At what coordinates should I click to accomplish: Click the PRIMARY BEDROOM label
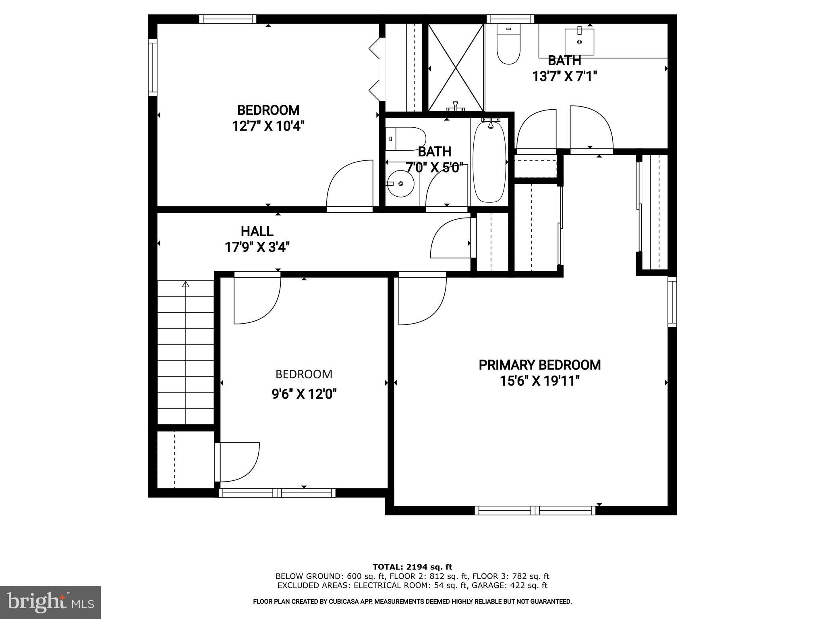(x=539, y=365)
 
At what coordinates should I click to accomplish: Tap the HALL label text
(x=257, y=231)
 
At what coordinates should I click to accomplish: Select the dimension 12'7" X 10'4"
(x=268, y=127)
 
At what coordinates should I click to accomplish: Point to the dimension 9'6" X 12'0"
(x=304, y=394)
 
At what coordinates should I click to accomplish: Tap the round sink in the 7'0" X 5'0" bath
(x=400, y=184)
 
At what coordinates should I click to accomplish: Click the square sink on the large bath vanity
(x=579, y=42)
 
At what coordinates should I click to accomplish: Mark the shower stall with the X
(x=456, y=67)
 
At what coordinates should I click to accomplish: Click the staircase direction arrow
(x=185, y=285)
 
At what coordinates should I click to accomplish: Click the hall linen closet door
(x=450, y=239)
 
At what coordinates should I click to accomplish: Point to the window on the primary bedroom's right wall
(x=672, y=301)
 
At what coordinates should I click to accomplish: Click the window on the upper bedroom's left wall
(x=152, y=67)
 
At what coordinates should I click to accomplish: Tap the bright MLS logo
(x=50, y=602)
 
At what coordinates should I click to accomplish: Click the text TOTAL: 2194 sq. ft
(x=412, y=567)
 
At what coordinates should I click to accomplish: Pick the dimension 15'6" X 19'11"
(x=539, y=381)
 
